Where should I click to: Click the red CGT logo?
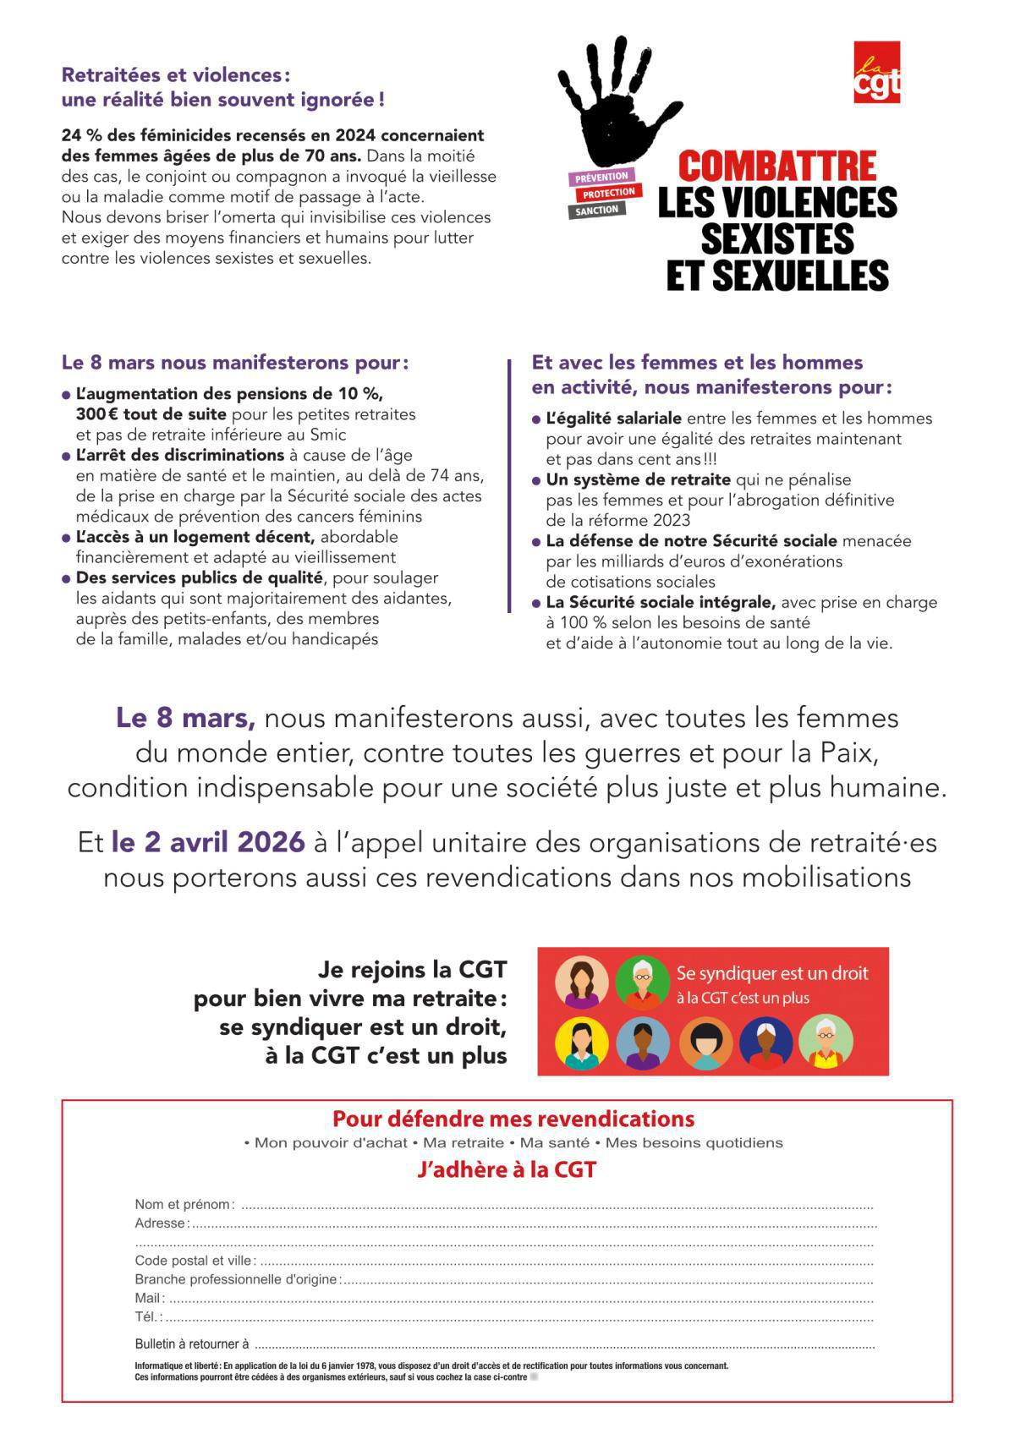pyautogui.click(x=876, y=73)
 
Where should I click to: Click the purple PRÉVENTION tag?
pyautogui.click(x=601, y=177)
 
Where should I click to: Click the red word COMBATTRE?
pyautogui.click(x=776, y=166)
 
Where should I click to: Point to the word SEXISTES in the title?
pyautogui.click(x=776, y=238)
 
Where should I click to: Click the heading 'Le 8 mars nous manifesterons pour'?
pyautogui.click(x=234, y=363)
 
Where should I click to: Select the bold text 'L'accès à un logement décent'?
pyautogui.click(x=195, y=537)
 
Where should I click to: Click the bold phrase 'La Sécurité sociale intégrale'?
pyautogui.click(x=661, y=603)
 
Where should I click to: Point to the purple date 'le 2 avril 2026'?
pyautogui.click(x=208, y=842)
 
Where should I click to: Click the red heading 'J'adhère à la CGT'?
pyautogui.click(x=507, y=1170)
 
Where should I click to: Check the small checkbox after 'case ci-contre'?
pyautogui.click(x=534, y=1377)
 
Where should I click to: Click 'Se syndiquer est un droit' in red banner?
pyautogui.click(x=771, y=973)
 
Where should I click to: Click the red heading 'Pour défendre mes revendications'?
pyautogui.click(x=513, y=1119)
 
